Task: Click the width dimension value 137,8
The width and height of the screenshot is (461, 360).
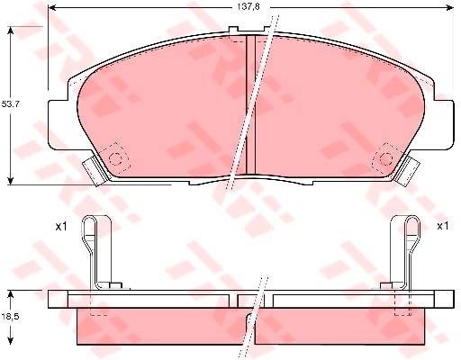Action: [x=248, y=7]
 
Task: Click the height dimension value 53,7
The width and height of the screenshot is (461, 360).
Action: [x=9, y=104]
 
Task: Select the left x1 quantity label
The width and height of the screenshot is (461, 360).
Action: [x=61, y=227]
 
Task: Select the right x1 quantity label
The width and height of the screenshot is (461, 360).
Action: [x=442, y=226]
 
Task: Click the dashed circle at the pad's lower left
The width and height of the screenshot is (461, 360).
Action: [x=115, y=158]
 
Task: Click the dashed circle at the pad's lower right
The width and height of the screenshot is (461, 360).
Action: [x=386, y=159]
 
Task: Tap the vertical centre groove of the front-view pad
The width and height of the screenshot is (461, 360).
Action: [x=250, y=105]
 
